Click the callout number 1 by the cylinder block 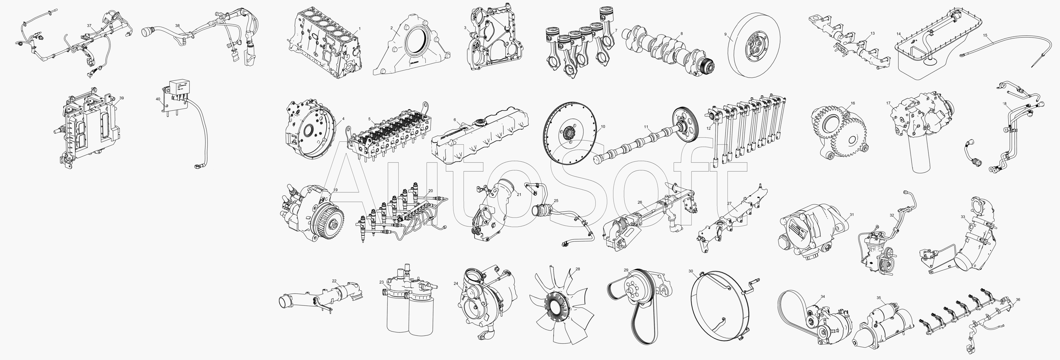[x=359, y=28]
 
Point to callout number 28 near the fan [x=578, y=269]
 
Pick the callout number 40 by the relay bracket [x=158, y=99]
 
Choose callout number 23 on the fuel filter [x=381, y=282]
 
